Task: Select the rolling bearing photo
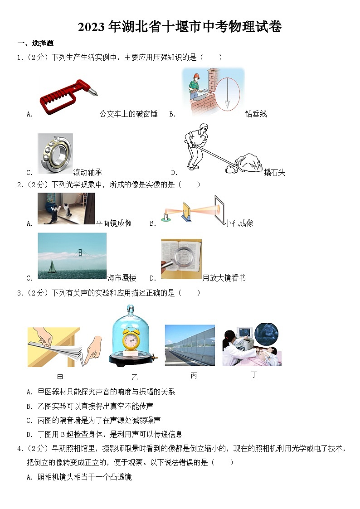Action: pos(55,154)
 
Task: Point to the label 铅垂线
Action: pos(256,114)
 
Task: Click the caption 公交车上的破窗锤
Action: pos(128,114)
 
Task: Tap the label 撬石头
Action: pos(274,172)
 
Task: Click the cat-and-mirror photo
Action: pos(66,208)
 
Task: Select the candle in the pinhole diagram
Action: pos(166,216)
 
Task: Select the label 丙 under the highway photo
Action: pos(194,376)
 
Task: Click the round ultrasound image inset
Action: pos(266,334)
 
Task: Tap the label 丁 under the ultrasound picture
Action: pos(253,375)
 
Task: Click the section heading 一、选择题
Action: pos(35,44)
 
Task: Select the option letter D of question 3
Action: pos(29,434)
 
